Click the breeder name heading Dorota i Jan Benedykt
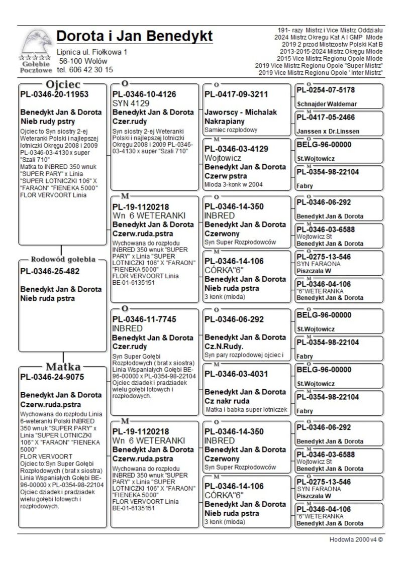click(134, 36)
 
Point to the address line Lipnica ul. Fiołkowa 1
click(92, 52)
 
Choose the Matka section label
click(63, 366)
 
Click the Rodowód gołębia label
click(63, 260)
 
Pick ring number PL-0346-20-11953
click(54, 94)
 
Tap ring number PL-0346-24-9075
click(52, 377)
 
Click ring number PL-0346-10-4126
click(144, 94)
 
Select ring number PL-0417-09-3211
click(236, 94)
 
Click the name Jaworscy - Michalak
click(241, 112)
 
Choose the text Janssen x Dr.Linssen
click(328, 131)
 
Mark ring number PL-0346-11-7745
click(144, 319)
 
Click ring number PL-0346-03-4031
click(236, 374)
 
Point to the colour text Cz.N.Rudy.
click(224, 347)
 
